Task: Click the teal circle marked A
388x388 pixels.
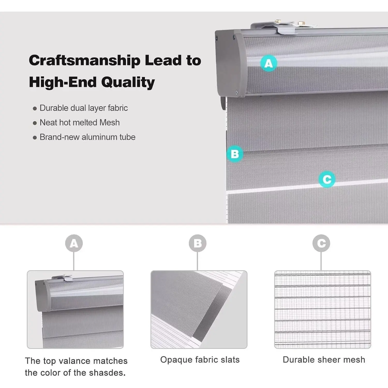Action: pyautogui.click(x=269, y=63)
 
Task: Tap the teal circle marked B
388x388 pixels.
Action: pyautogui.click(x=235, y=154)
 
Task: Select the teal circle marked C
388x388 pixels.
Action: pyautogui.click(x=327, y=179)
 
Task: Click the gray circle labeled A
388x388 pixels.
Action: pyautogui.click(x=74, y=243)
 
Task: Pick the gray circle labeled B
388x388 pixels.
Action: pyautogui.click(x=198, y=243)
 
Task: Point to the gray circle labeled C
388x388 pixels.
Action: pyautogui.click(x=321, y=243)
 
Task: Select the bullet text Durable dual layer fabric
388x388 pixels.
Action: pyautogui.click(x=84, y=108)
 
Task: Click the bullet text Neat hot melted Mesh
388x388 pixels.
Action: pyautogui.click(x=80, y=122)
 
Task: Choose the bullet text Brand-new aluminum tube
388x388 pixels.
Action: pyautogui.click(x=87, y=137)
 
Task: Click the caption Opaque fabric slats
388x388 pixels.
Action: pyautogui.click(x=200, y=360)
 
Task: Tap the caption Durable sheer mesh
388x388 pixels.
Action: pyautogui.click(x=324, y=360)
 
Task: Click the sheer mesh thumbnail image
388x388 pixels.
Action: pyautogui.click(x=323, y=310)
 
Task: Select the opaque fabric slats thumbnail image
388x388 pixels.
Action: pyautogui.click(x=199, y=310)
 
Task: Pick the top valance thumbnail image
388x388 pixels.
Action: pyautogui.click(x=75, y=310)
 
